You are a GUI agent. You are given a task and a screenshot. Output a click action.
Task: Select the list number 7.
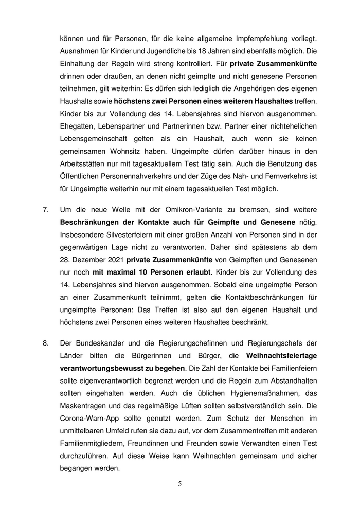[45, 210]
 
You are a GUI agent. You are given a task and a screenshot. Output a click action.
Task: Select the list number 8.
[45, 342]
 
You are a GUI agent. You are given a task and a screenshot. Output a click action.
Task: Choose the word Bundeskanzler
[102, 342]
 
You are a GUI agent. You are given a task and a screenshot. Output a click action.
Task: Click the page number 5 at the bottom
[180, 483]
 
